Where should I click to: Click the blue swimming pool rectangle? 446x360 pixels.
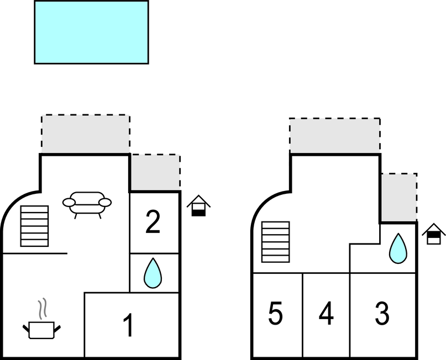click(91, 32)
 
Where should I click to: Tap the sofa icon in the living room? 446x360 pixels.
click(87, 203)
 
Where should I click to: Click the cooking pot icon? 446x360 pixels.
click(41, 329)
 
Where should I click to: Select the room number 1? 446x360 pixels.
click(128, 326)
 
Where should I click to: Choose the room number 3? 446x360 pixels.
click(381, 314)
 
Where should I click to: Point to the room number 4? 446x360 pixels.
click(326, 314)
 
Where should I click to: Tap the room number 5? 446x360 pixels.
click(275, 314)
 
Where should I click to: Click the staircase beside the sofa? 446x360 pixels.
click(34, 226)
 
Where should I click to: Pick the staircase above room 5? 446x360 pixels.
click(275, 241)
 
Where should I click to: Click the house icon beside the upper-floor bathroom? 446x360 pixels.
click(434, 234)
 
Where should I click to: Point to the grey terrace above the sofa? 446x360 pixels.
click(86, 134)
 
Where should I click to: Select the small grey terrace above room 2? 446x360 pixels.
click(155, 172)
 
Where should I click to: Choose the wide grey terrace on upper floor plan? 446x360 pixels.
click(335, 135)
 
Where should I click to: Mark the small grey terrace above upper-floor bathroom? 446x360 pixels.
click(398, 198)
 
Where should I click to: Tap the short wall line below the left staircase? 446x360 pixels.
click(34, 253)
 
